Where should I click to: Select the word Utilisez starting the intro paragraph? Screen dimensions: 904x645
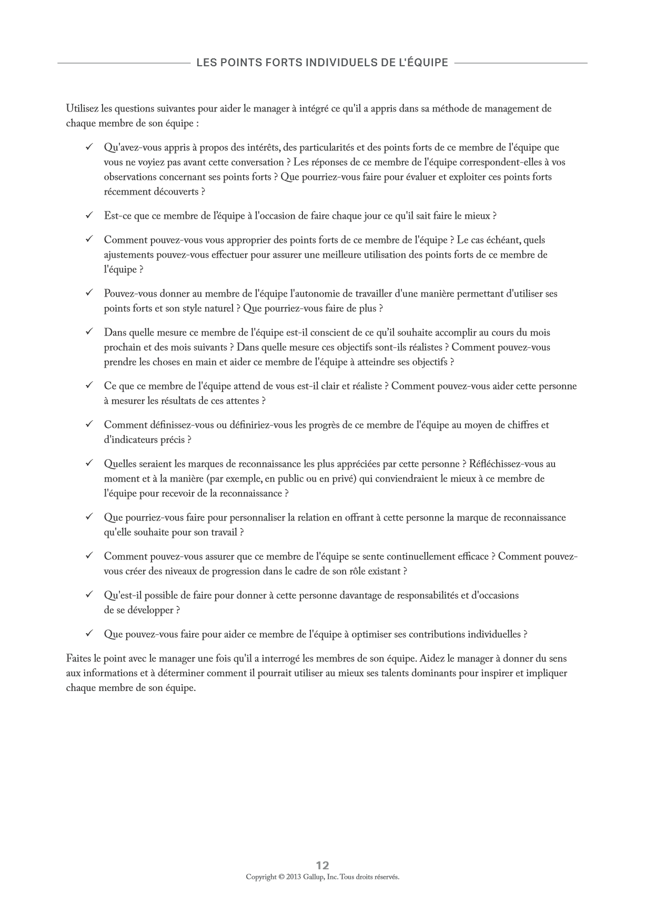point(82,109)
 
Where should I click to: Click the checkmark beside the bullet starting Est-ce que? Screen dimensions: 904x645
point(89,215)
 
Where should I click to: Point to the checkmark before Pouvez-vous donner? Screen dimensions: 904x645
point(89,293)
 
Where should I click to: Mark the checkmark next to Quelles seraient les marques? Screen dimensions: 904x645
point(89,463)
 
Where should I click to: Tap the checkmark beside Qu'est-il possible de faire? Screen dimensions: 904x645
point(89,595)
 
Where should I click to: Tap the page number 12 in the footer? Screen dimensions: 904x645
point(323,866)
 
